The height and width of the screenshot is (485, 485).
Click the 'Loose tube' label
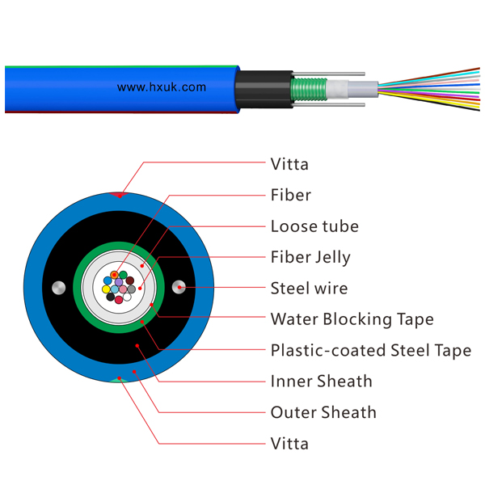[314, 226]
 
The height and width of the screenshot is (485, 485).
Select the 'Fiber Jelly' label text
[310, 258]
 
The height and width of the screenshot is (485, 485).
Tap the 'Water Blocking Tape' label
[352, 319]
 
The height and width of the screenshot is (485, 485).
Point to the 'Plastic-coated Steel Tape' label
[371, 351]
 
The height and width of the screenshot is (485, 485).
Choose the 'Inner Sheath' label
[322, 381]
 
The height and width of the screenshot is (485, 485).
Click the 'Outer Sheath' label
[323, 412]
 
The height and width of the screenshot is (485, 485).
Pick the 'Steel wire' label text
[309, 289]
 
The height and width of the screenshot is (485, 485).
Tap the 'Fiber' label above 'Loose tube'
[291, 195]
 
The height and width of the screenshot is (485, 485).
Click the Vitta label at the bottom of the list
[289, 444]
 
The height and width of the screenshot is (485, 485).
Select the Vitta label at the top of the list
[289, 164]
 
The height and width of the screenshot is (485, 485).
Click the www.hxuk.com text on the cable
[162, 87]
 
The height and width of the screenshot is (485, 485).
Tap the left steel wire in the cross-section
[59, 288]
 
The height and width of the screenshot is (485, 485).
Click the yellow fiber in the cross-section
[106, 289]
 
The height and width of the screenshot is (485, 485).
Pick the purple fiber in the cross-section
[119, 282]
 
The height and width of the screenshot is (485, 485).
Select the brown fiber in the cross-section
[130, 280]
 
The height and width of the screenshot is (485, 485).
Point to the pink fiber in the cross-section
[123, 289]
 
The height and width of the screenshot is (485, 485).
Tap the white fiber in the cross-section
[127, 297]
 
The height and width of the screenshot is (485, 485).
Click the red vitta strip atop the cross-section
[119, 195]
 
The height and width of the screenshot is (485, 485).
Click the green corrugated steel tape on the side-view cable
[309, 90]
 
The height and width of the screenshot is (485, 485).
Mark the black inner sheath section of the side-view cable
[264, 89]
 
